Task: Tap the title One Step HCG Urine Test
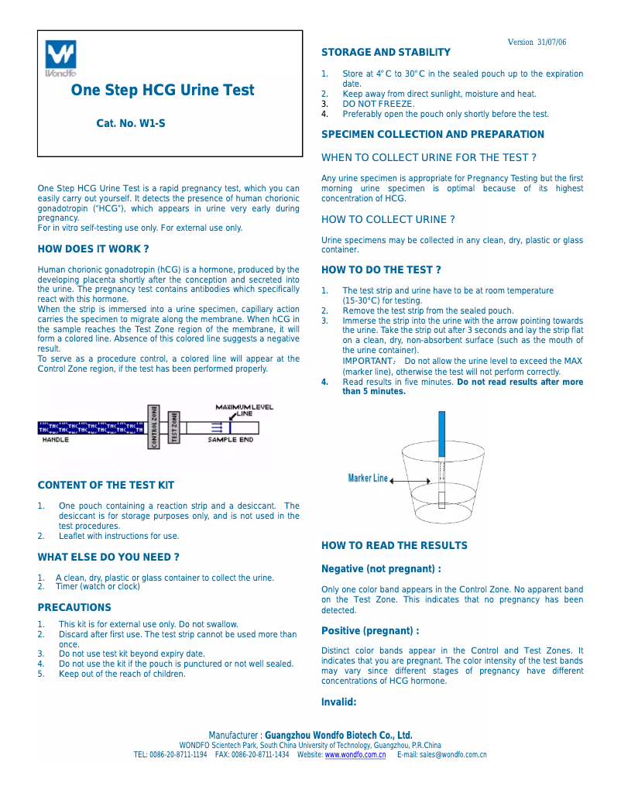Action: [163, 91]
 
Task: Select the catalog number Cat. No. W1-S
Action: [131, 123]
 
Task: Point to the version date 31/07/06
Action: [551, 43]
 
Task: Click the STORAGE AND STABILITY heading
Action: [386, 53]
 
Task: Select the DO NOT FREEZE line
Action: [379, 104]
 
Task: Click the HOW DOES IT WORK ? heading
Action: [93, 249]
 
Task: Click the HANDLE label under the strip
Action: [55, 440]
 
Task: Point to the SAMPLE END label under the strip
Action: [230, 440]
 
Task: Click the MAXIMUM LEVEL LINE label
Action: [244, 410]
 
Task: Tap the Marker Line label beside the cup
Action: [368, 479]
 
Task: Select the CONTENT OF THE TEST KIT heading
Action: [106, 486]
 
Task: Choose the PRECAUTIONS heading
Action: [74, 608]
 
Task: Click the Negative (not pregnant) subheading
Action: [381, 569]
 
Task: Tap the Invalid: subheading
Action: [338, 702]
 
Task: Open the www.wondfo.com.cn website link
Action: [355, 755]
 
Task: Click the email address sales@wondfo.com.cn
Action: [453, 755]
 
